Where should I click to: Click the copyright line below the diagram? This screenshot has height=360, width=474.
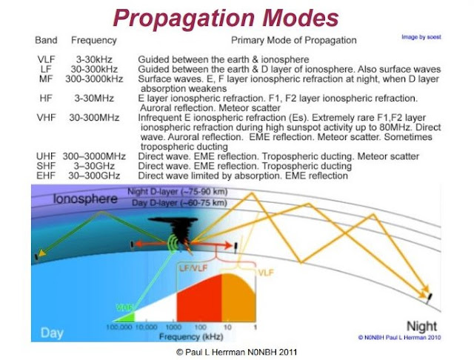click(x=236, y=350)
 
